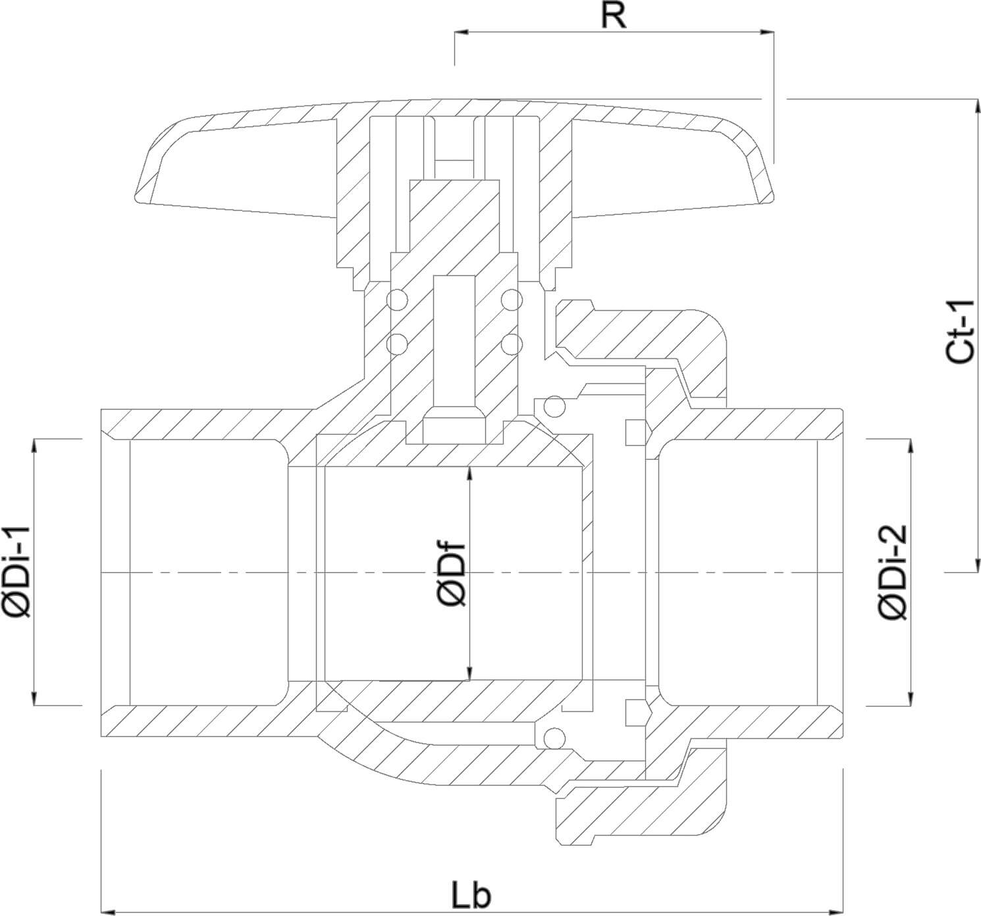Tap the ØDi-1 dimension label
tap(18, 572)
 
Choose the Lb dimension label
tap(471, 895)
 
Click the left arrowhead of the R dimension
tap(460, 32)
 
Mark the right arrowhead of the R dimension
tap(768, 32)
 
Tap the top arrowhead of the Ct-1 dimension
tap(975, 104)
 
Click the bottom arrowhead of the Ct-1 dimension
tap(975, 567)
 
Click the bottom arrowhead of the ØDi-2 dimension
tap(911, 699)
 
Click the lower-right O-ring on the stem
tap(511, 343)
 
